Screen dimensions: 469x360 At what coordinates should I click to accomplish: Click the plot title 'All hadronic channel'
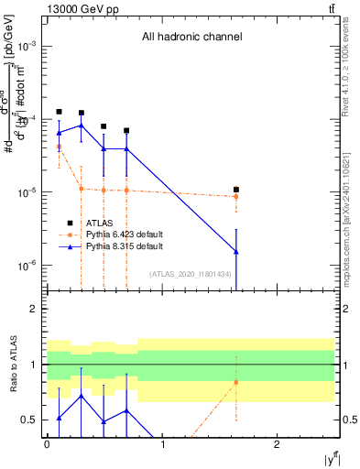click(x=191, y=38)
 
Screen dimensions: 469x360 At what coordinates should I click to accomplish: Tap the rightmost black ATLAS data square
click(x=236, y=190)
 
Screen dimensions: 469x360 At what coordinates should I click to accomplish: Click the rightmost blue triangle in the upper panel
click(x=236, y=251)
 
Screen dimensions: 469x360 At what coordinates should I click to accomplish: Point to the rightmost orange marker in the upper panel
click(x=236, y=196)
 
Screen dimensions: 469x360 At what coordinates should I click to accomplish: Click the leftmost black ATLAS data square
click(x=59, y=112)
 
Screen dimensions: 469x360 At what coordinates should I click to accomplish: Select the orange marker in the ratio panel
click(x=236, y=382)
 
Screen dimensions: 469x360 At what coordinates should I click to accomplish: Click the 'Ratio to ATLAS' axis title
click(x=11, y=365)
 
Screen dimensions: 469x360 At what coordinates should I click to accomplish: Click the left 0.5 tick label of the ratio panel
click(x=32, y=420)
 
